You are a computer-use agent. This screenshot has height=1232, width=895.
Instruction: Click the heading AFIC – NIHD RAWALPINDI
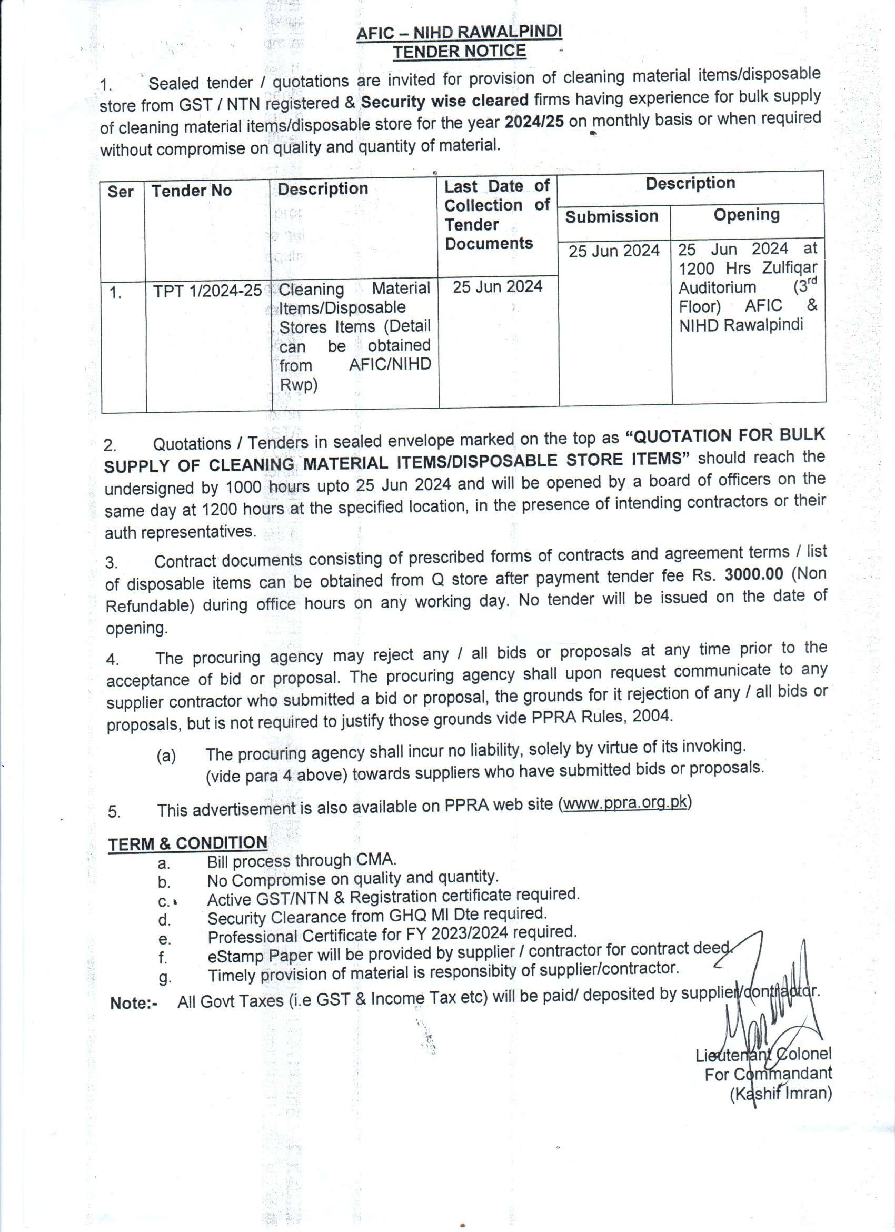(459, 33)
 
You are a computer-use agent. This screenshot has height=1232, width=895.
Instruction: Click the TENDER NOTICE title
(460, 52)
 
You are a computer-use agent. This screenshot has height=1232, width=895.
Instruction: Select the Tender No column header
(191, 191)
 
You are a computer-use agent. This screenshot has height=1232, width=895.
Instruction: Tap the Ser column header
(121, 192)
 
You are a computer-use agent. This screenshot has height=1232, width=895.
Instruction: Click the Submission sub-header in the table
(612, 217)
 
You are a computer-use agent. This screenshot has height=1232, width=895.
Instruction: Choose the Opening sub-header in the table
(746, 215)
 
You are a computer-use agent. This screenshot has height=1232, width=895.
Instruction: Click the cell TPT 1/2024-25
(207, 291)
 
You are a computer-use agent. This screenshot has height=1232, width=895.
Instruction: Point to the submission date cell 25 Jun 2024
(614, 251)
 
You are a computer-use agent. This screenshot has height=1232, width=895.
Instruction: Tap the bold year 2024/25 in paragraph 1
(533, 121)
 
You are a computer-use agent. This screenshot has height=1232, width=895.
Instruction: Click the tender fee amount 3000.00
(754, 575)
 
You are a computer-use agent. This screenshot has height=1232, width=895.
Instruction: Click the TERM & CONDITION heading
(187, 843)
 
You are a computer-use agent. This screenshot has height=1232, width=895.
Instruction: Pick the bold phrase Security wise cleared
(445, 101)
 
